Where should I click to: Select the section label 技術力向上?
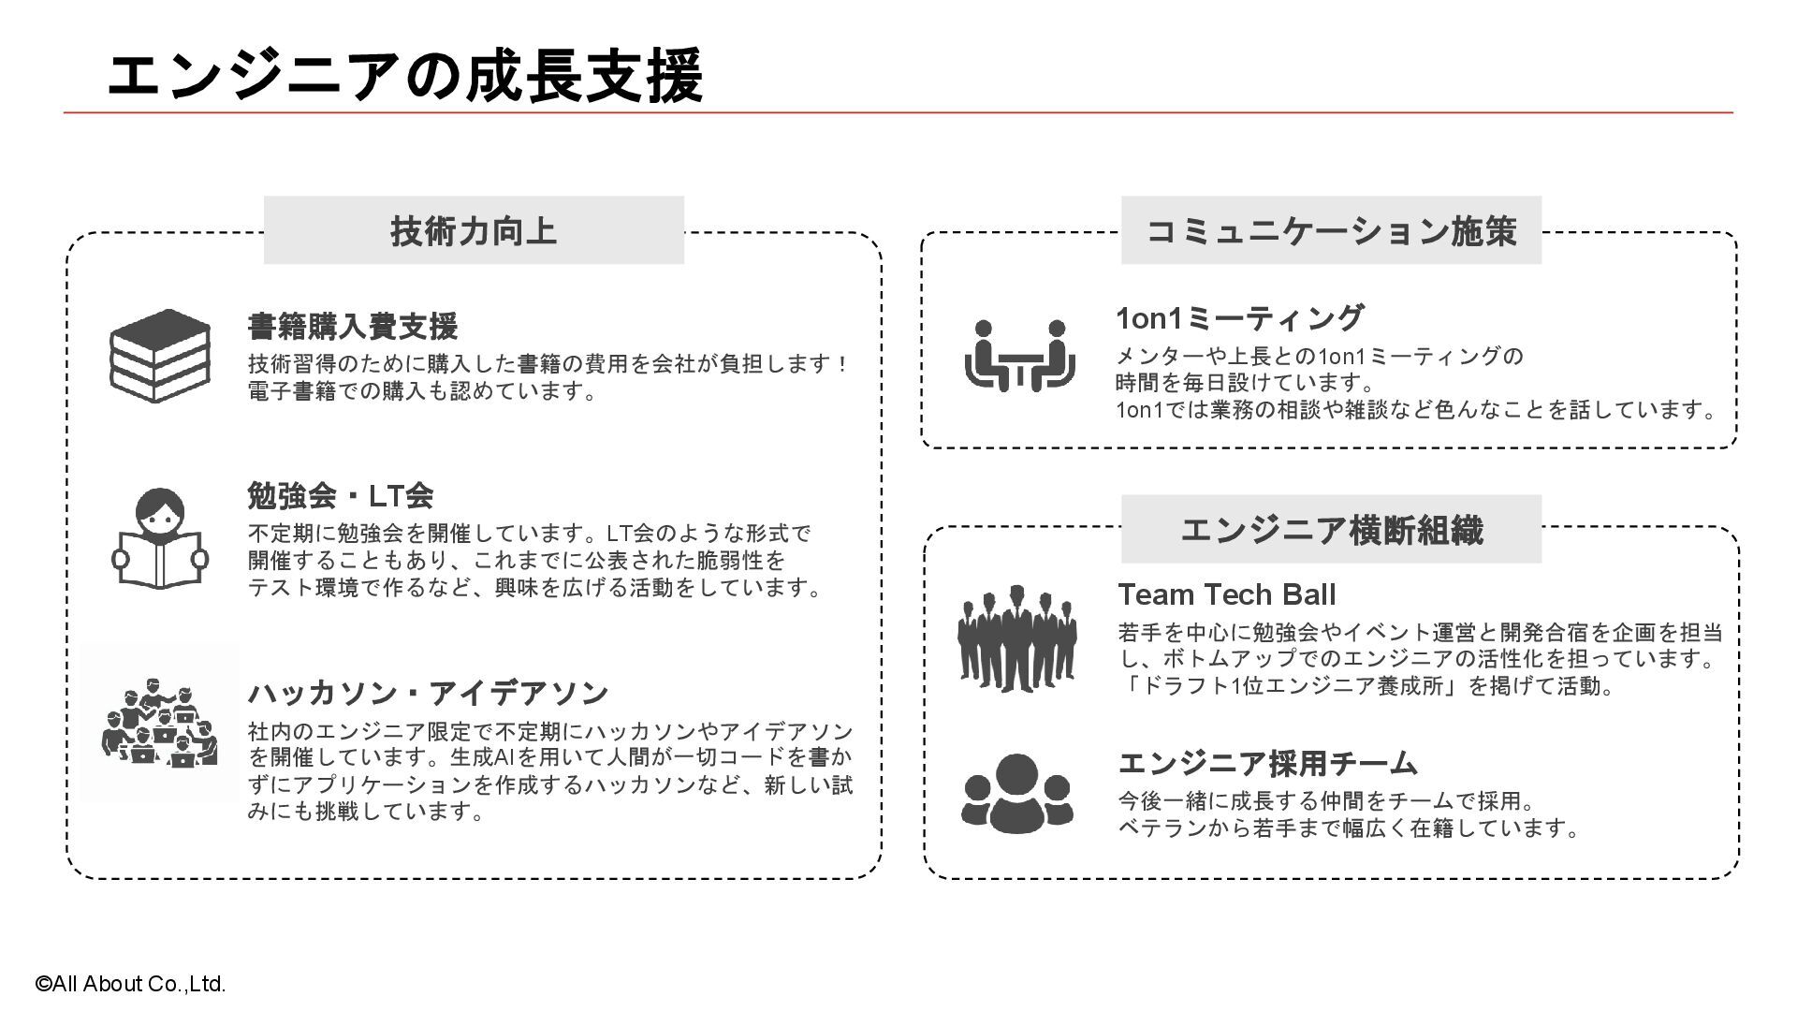click(x=474, y=230)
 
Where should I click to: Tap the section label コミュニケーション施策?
click(x=1331, y=230)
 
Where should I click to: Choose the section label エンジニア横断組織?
click(x=1331, y=530)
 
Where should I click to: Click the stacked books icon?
click(x=160, y=356)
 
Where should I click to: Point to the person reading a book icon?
click(x=160, y=538)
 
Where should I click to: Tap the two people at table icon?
click(x=1019, y=356)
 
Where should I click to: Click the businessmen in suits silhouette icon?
click(x=1017, y=638)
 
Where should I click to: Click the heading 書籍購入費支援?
click(x=353, y=327)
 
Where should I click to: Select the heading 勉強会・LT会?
click(x=341, y=495)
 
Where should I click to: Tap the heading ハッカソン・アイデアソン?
click(x=428, y=694)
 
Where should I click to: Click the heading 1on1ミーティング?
click(x=1239, y=318)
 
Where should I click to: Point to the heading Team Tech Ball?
click(x=1226, y=594)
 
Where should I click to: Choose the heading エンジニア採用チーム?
click(x=1268, y=764)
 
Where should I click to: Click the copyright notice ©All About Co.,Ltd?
click(x=131, y=984)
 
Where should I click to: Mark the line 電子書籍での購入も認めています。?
click(x=422, y=391)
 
